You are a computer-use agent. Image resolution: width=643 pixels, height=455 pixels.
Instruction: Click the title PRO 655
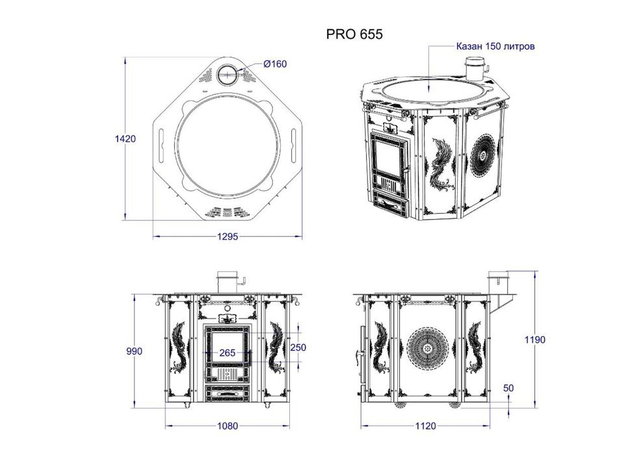[354, 34]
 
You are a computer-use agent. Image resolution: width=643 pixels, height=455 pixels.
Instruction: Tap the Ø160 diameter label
[275, 64]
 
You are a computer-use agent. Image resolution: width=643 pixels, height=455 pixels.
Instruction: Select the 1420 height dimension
[125, 139]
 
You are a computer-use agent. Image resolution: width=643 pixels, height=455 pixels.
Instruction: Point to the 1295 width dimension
[228, 237]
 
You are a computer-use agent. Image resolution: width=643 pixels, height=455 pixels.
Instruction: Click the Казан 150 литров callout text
[495, 46]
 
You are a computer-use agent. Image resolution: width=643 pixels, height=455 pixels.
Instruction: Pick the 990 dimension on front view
[135, 351]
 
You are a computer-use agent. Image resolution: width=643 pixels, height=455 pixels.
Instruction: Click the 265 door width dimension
[227, 352]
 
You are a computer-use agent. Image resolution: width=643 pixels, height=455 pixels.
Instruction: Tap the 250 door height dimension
[298, 348]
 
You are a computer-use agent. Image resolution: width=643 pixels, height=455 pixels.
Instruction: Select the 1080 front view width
[227, 426]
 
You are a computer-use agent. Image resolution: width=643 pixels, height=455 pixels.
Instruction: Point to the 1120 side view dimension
[425, 426]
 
